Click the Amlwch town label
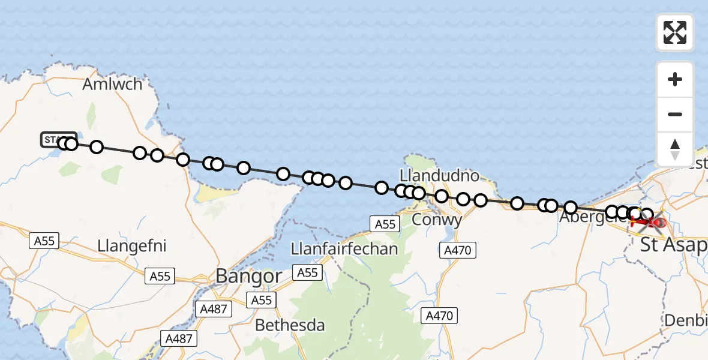coord(113,84)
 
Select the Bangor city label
coord(248,276)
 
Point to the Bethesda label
coord(290,325)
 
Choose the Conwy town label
coord(437,220)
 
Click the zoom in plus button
coord(675,79)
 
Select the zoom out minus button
coord(675,114)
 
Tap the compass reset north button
coord(675,149)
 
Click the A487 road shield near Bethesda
coord(178,338)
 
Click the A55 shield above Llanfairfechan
coord(385,224)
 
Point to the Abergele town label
coord(585,217)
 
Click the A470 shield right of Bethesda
coord(440,315)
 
